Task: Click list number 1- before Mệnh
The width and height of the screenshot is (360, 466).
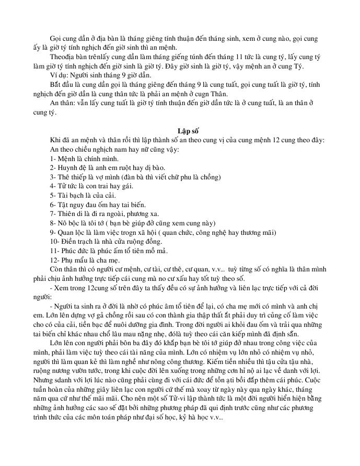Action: click(53, 158)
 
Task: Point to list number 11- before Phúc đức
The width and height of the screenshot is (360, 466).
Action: click(55, 250)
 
